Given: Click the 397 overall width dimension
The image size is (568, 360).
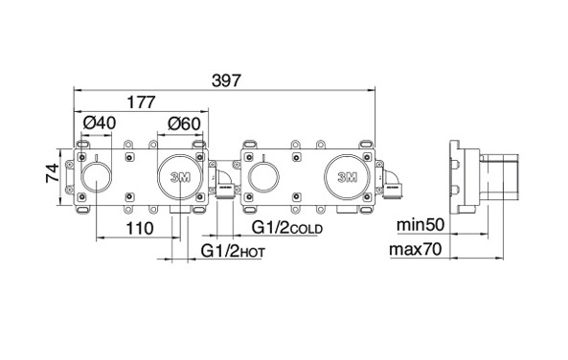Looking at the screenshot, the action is pyautogui.click(x=226, y=80).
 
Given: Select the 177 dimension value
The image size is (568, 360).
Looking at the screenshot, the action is pyautogui.click(x=141, y=102).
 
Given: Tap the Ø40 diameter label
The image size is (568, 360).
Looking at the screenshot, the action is pyautogui.click(x=100, y=124).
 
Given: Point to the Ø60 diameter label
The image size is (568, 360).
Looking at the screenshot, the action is pyautogui.click(x=184, y=124).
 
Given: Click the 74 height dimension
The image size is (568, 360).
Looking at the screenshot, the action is pyautogui.click(x=53, y=173).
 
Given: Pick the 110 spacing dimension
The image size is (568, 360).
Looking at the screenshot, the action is pyautogui.click(x=140, y=229).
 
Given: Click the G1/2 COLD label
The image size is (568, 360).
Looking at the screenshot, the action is pyautogui.click(x=287, y=228).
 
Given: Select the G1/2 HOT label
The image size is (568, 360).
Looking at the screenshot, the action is pyautogui.click(x=233, y=251).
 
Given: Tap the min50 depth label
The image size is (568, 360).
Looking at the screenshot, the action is pyautogui.click(x=420, y=225).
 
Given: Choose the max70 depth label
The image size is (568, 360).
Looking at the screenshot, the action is pyautogui.click(x=416, y=250).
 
